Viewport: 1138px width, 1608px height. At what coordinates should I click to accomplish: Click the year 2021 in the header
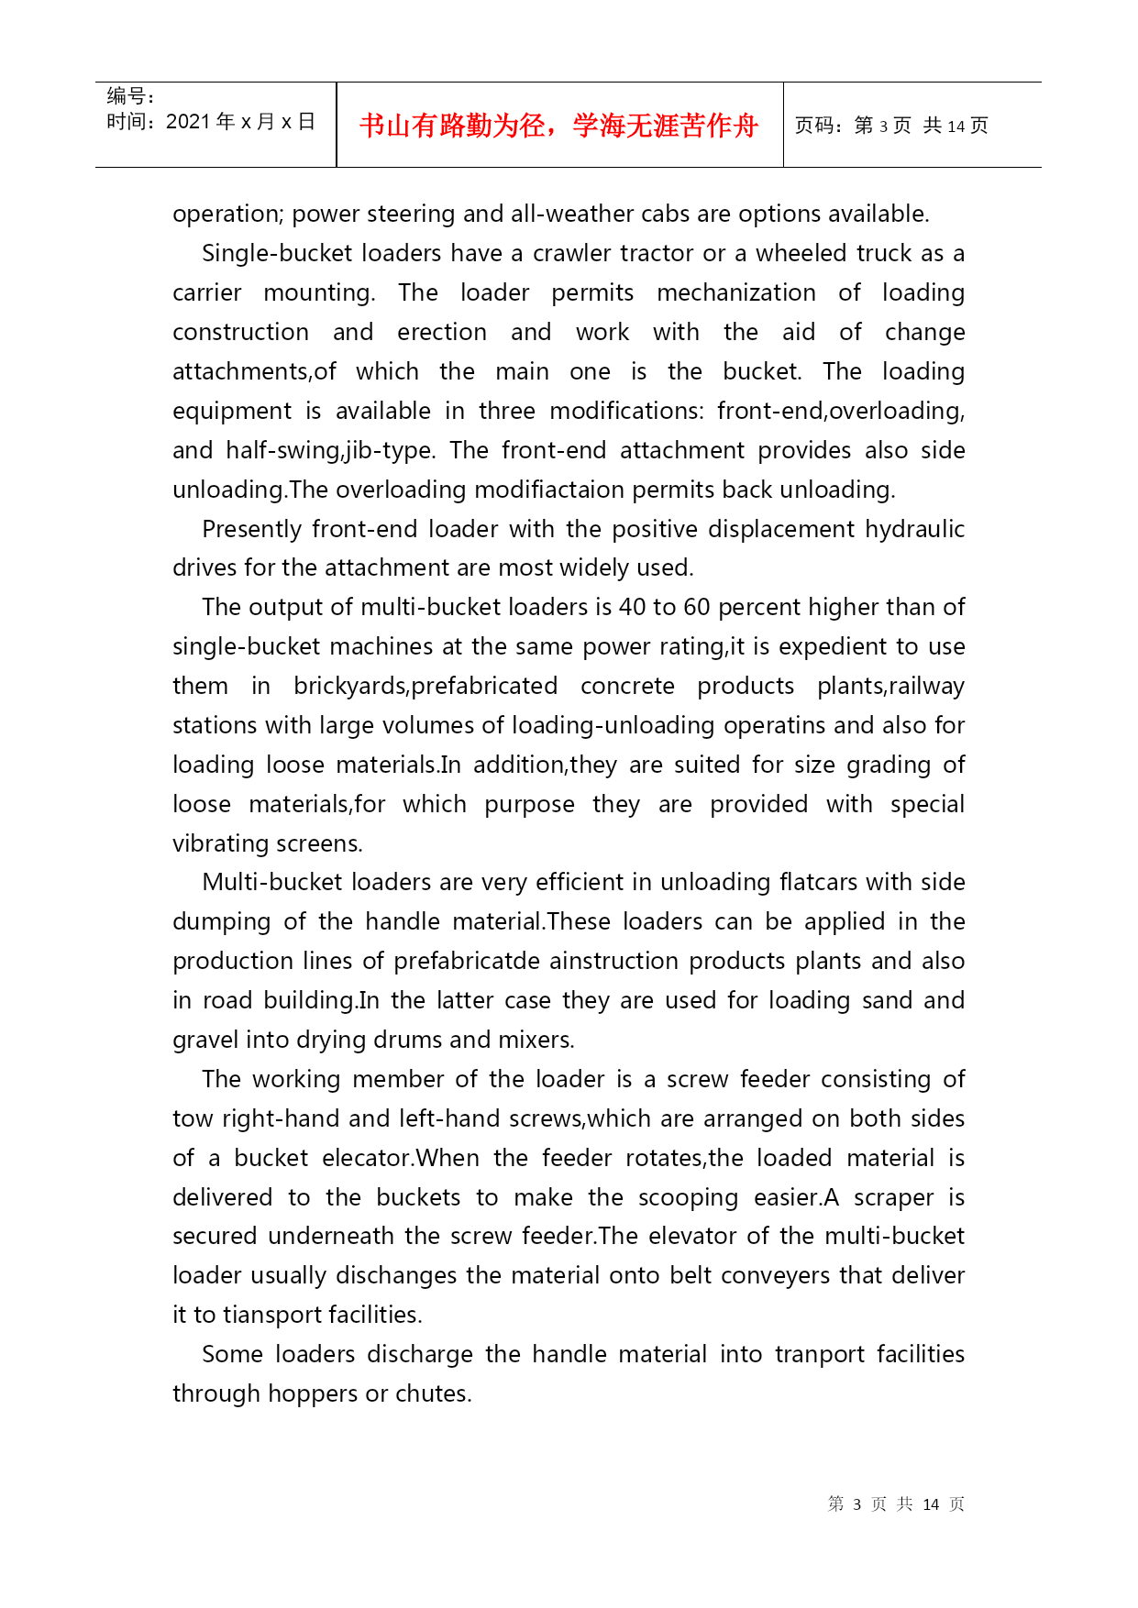pos(188,122)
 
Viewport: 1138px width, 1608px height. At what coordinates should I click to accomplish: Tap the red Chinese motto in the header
pos(558,126)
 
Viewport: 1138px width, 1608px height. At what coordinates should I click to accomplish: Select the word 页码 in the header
pos(813,126)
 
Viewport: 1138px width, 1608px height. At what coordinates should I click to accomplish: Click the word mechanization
pos(735,292)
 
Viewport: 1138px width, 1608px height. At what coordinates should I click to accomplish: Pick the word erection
pos(442,332)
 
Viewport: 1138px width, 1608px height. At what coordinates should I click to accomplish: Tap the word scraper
pos(894,1197)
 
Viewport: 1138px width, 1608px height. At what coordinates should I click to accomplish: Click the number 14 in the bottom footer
pos(931,1504)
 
